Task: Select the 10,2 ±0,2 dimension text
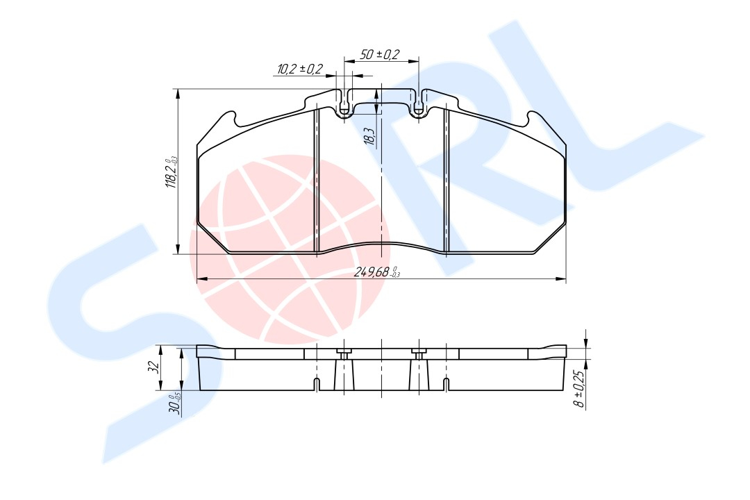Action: coord(300,69)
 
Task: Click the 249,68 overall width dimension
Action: coord(376,272)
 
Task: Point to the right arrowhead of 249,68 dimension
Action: coord(562,279)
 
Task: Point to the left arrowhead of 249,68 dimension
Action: coord(201,279)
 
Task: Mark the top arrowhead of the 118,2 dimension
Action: coord(178,92)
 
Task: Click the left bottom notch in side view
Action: coord(317,384)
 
